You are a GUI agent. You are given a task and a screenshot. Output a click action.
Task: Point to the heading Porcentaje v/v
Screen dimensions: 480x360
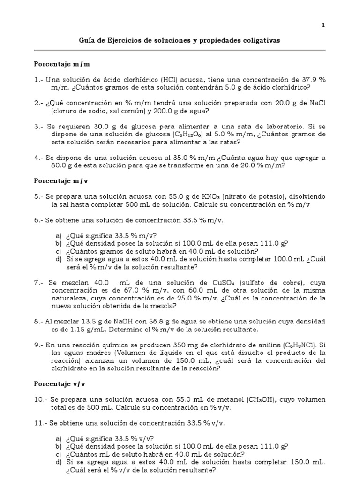click(60, 383)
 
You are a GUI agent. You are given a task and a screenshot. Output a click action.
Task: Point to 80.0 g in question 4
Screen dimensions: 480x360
click(61, 165)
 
